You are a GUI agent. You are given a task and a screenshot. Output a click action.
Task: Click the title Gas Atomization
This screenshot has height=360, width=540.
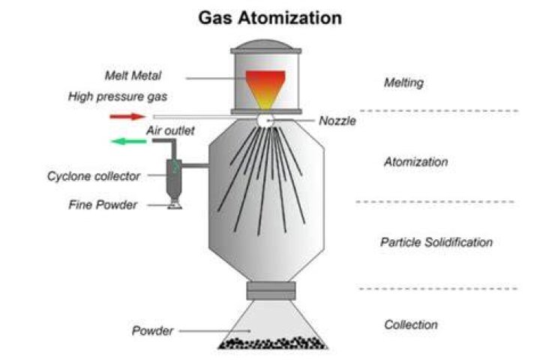[270, 18]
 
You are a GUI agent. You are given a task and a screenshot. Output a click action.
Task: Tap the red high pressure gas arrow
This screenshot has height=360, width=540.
[127, 117]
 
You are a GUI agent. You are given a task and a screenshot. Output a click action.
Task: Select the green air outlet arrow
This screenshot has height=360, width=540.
[128, 141]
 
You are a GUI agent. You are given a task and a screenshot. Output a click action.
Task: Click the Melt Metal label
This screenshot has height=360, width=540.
[133, 76]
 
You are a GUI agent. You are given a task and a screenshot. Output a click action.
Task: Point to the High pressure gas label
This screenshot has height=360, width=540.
[118, 97]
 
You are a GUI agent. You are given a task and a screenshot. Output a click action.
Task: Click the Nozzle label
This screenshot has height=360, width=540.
[337, 121]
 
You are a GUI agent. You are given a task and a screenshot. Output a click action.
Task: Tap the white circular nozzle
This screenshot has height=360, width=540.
[265, 121]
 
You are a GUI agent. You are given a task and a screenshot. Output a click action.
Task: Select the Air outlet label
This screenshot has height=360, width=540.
[170, 130]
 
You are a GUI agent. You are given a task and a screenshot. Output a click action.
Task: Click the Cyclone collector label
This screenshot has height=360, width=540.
[94, 176]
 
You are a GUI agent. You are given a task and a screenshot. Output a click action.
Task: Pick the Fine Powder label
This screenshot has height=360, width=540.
[103, 205]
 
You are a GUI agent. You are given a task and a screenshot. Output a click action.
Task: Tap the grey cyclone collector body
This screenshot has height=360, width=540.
[174, 179]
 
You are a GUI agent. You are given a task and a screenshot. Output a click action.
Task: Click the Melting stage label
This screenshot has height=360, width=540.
[403, 82]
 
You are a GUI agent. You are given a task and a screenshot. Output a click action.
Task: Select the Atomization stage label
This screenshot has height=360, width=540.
[415, 162]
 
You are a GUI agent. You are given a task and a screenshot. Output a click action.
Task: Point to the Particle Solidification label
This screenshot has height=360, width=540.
[436, 242]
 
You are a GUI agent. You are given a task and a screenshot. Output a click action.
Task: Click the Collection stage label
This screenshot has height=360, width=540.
[411, 325]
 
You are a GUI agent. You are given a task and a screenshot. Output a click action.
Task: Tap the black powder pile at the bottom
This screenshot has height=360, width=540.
[273, 343]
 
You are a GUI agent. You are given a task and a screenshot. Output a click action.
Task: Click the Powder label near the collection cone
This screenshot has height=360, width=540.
[152, 331]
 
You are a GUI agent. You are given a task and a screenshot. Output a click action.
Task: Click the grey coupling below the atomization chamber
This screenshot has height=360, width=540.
[271, 291]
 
